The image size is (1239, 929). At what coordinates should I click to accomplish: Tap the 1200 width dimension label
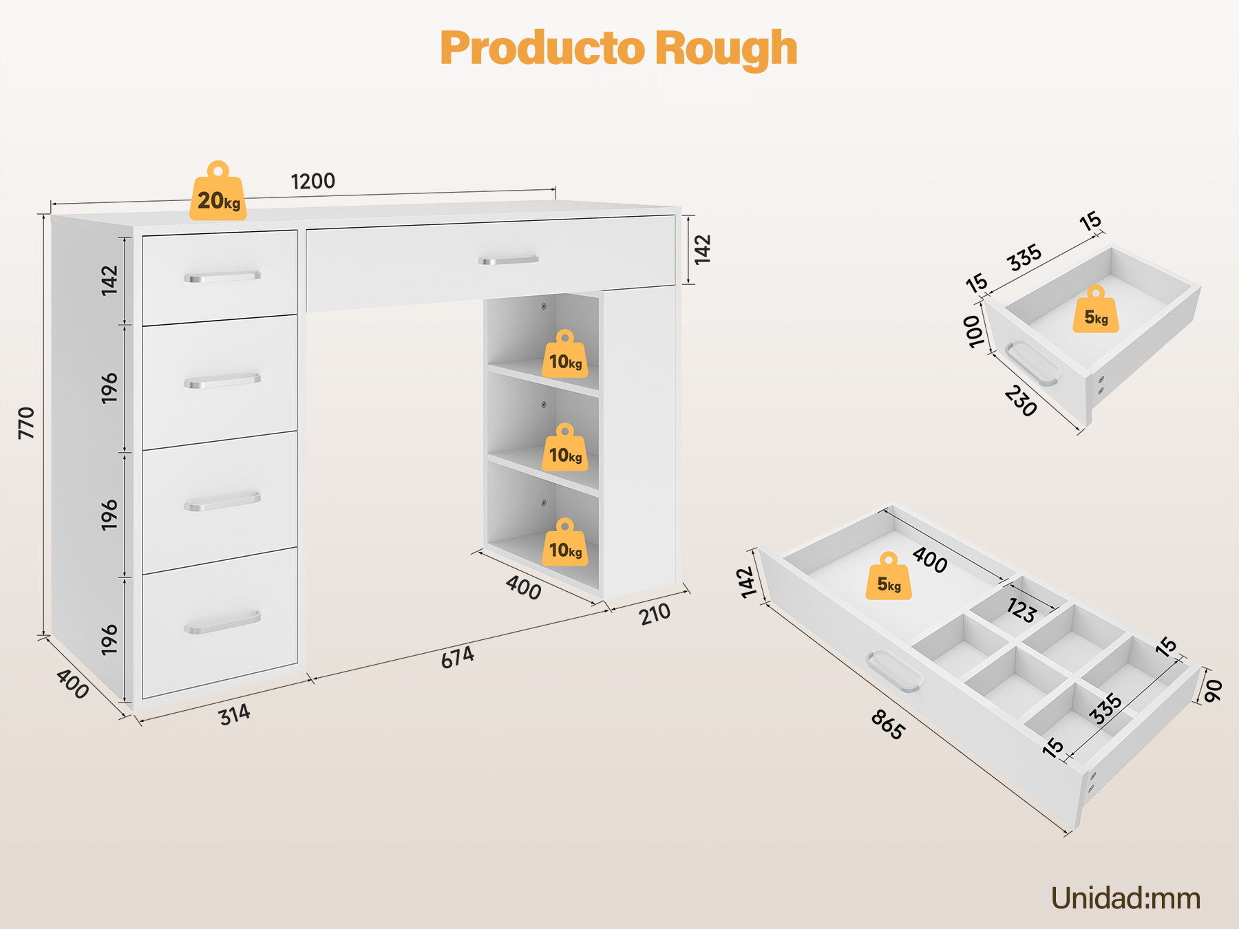click(313, 182)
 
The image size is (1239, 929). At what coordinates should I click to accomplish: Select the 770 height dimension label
click(26, 423)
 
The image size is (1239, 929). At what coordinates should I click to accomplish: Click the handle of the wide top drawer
click(508, 260)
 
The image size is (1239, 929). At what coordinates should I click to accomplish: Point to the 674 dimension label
click(458, 657)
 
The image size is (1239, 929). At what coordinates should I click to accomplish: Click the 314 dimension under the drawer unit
click(235, 715)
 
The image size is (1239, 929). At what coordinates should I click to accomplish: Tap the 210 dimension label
click(655, 614)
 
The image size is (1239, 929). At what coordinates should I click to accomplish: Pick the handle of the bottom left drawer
click(222, 621)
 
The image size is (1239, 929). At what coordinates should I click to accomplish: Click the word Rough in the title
click(726, 48)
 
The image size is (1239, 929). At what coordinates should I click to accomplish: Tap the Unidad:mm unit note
click(1125, 898)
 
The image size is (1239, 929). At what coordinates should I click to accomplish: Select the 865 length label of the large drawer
click(887, 725)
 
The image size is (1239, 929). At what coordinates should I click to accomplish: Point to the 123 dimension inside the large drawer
click(1021, 610)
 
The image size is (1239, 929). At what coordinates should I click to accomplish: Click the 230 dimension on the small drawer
click(1020, 401)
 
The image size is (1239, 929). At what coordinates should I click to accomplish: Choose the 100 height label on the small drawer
click(973, 332)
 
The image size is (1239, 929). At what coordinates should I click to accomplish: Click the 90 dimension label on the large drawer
click(1213, 690)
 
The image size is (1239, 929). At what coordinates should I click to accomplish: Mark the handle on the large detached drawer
click(893, 670)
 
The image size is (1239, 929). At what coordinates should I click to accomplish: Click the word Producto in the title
click(541, 48)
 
